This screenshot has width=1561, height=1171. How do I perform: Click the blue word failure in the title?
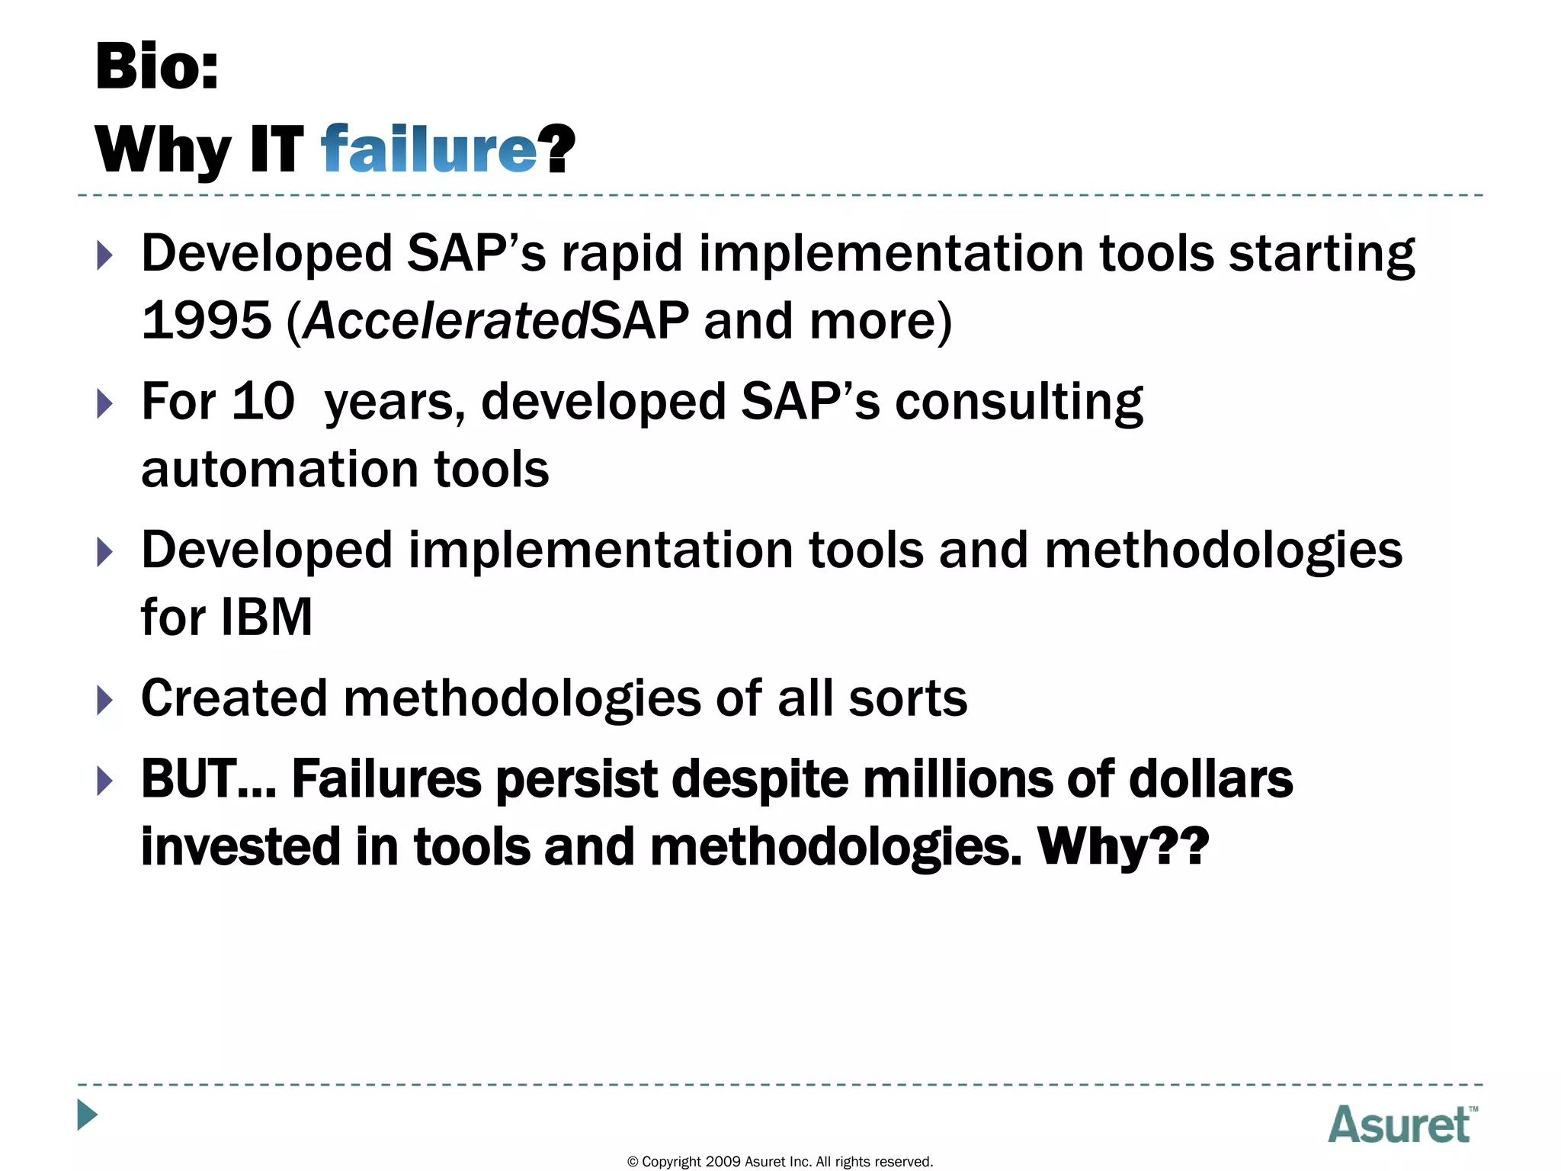(x=429, y=149)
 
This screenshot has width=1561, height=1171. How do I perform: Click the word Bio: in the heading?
(x=157, y=67)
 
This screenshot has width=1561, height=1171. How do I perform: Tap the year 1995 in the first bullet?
(x=207, y=321)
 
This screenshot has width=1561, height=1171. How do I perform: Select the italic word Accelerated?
(x=447, y=321)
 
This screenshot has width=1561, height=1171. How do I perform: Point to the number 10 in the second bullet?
(x=263, y=401)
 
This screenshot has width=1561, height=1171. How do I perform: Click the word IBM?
(x=267, y=617)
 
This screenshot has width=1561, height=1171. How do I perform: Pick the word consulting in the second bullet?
(x=1018, y=403)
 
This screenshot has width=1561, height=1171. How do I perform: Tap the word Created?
(x=234, y=698)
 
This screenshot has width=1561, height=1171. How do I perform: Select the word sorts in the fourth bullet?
(x=907, y=698)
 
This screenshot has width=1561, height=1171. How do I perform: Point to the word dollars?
(x=1210, y=780)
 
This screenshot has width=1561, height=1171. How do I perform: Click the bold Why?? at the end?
(x=1123, y=847)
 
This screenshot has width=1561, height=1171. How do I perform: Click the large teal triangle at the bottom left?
(x=88, y=1115)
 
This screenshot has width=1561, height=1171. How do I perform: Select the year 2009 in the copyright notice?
(x=723, y=1162)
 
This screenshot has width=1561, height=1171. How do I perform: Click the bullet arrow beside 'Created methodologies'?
(x=105, y=700)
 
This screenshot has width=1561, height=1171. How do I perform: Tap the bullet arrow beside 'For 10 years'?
(x=105, y=403)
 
